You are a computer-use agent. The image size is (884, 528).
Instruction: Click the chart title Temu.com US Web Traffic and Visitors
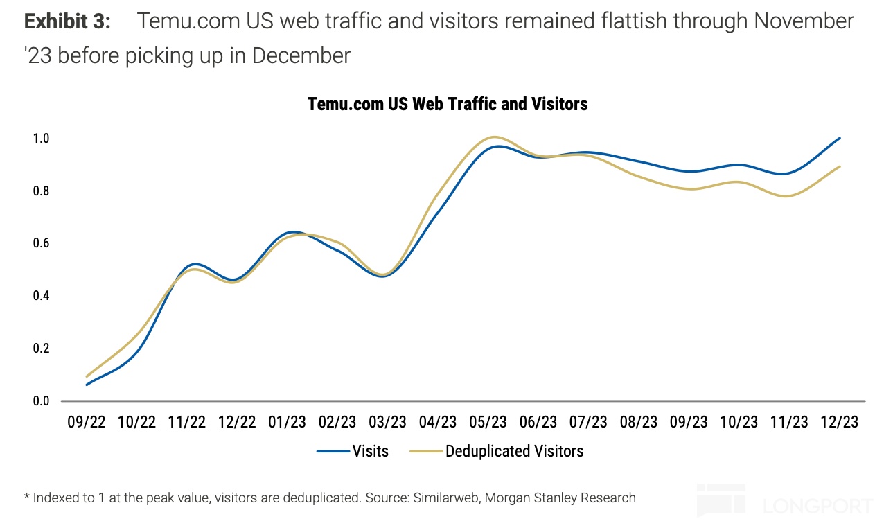tap(448, 104)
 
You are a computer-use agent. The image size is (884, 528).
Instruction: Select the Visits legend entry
tap(370, 451)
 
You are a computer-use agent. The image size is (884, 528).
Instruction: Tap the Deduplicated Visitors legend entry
tap(514, 451)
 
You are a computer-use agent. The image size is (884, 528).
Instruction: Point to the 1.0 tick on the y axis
tap(41, 139)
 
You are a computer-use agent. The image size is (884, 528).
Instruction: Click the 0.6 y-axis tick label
tap(41, 243)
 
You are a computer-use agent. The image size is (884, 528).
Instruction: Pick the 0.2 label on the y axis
tap(41, 349)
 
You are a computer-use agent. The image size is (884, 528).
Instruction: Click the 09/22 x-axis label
tap(87, 423)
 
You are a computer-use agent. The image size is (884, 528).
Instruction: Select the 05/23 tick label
tap(488, 423)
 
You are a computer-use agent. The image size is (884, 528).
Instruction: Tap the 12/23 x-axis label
tap(840, 423)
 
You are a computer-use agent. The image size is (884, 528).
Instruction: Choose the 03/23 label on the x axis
tap(388, 423)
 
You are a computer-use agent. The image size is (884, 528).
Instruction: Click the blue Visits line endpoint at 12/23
tap(840, 138)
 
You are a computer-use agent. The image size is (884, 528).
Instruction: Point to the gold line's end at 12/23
tap(840, 166)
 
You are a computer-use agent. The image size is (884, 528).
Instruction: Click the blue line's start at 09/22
tap(87, 385)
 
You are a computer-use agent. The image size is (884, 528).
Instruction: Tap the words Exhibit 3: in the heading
tap(67, 21)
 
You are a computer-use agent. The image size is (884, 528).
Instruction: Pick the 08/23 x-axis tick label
tap(639, 423)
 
